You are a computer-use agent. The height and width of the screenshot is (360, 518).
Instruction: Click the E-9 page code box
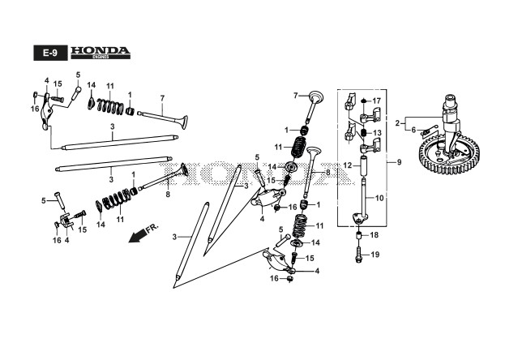(49, 52)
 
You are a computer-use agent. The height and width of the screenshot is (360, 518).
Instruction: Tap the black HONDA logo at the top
(99, 51)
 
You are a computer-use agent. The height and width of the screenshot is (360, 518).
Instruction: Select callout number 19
(375, 255)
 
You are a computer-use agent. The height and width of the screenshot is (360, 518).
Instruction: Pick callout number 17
(376, 101)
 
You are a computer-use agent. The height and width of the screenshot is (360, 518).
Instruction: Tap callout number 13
(377, 133)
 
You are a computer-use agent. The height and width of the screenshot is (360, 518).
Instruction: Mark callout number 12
(346, 165)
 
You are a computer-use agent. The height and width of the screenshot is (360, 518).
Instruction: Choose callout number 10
(379, 198)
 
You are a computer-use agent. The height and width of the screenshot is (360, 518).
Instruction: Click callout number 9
(398, 163)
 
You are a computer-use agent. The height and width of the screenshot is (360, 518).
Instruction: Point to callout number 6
(413, 130)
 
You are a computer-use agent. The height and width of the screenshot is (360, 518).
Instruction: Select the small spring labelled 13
(363, 132)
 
